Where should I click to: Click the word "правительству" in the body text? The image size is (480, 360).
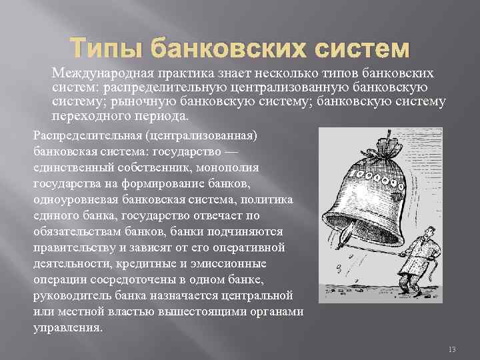(74, 247)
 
